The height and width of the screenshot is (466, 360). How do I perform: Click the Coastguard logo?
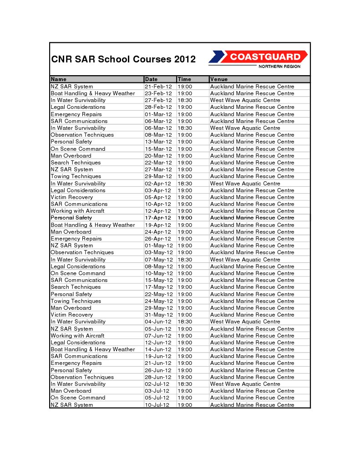pyautogui.click(x=258, y=57)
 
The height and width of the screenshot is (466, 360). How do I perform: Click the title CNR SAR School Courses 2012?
pyautogui.click(x=123, y=59)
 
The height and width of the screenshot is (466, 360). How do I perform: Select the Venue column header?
pyautogui.click(x=219, y=79)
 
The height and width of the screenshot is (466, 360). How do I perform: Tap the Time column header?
pyautogui.click(x=184, y=79)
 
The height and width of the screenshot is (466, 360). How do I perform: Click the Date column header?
pyautogui.click(x=151, y=79)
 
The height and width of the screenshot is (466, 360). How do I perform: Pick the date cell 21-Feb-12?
pyautogui.click(x=158, y=87)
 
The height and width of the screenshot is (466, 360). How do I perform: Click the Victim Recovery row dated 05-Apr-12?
pyautogui.click(x=71, y=197)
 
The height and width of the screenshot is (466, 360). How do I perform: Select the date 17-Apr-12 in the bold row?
pyautogui.click(x=158, y=218)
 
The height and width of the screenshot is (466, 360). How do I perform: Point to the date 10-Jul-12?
pyautogui.click(x=157, y=405)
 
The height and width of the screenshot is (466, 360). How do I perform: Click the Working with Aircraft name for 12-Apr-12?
pyautogui.click(x=77, y=211)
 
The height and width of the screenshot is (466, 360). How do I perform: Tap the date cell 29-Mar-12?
pyautogui.click(x=158, y=176)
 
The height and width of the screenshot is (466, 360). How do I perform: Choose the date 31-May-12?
pyautogui.click(x=159, y=315)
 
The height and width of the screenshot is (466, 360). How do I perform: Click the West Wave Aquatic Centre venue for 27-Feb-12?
pyautogui.click(x=245, y=100)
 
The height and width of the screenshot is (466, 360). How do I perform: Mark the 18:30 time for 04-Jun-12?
pyautogui.click(x=185, y=322)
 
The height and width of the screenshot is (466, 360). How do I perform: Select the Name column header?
pyautogui.click(x=59, y=79)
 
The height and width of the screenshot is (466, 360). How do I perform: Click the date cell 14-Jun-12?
pyautogui.click(x=158, y=349)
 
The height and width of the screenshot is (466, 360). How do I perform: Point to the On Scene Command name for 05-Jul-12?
pyautogui.click(x=78, y=398)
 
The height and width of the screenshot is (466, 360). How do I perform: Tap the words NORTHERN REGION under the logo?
pyautogui.click(x=279, y=67)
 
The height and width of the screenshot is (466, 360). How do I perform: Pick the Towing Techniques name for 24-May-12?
pyautogui.click(x=76, y=301)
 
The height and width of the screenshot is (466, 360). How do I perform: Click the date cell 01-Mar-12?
pyautogui.click(x=158, y=114)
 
